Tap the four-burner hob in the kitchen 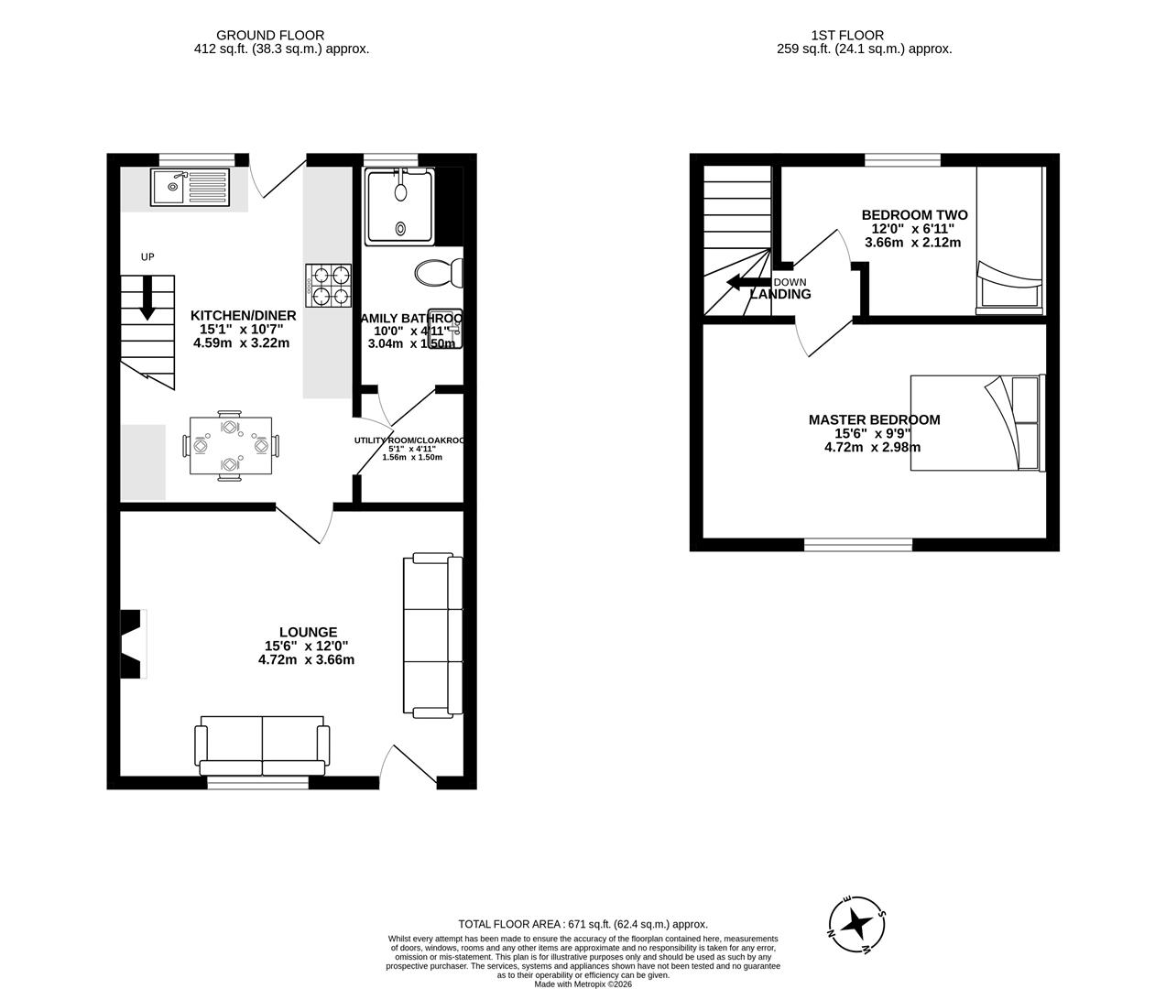(x=329, y=285)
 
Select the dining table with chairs (x=230, y=445)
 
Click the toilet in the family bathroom (x=439, y=272)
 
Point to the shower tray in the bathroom (x=400, y=207)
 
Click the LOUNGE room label (x=308, y=632)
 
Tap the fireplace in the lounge (x=133, y=644)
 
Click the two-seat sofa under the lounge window (x=262, y=744)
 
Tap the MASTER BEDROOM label (x=874, y=419)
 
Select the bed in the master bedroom (x=976, y=422)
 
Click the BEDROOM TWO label (x=913, y=215)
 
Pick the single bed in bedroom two (x=1008, y=240)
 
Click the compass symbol (x=856, y=924)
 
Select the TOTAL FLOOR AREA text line (x=583, y=924)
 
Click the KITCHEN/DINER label (x=242, y=315)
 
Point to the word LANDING (x=780, y=295)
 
